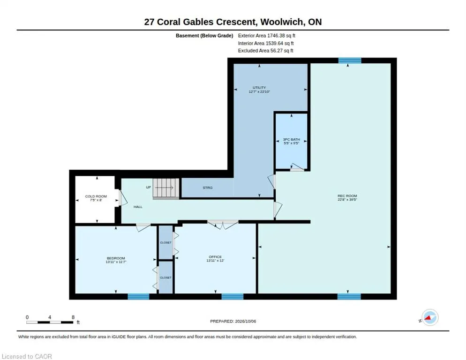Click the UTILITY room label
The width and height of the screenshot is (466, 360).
(259, 87)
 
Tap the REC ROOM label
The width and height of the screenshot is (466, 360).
(347, 196)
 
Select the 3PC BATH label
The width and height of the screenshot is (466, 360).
(291, 139)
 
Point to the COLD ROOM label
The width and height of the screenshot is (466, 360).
(96, 196)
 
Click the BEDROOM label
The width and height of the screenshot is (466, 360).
(116, 258)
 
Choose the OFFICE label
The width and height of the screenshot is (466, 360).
(215, 257)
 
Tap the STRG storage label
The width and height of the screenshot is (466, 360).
(207, 187)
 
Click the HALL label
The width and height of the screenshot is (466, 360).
(138, 207)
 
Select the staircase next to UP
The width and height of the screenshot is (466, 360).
(166, 188)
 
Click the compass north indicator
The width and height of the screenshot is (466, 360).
(430, 317)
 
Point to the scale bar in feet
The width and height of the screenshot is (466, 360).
(50, 322)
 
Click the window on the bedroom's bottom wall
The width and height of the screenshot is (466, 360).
(138, 296)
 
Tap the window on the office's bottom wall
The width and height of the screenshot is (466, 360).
(233, 296)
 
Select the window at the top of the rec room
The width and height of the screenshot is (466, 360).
(350, 60)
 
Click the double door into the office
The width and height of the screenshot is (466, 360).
(223, 224)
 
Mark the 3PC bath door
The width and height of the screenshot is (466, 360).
(297, 167)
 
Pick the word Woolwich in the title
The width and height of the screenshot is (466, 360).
(282, 22)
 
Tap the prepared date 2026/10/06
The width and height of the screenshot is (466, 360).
(246, 322)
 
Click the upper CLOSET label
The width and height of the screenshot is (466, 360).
(165, 242)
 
